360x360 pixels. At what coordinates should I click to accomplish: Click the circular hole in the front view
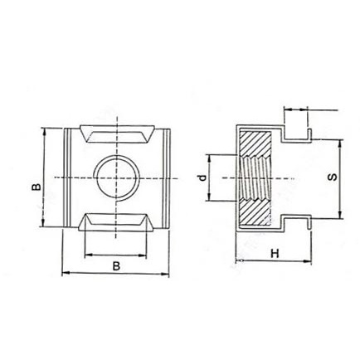pyautogui.click(x=116, y=176)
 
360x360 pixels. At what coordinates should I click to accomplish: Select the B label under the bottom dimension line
pyautogui.click(x=116, y=265)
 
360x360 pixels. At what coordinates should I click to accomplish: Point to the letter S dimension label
pyautogui.click(x=333, y=178)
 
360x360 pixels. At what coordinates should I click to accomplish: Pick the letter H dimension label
pyautogui.click(x=273, y=253)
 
